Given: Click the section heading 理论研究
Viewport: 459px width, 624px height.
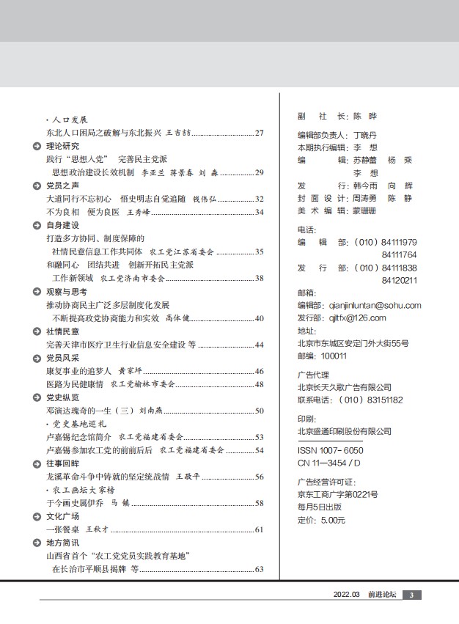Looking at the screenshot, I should point(62,146).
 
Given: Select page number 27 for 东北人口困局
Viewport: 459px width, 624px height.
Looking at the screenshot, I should point(259,133).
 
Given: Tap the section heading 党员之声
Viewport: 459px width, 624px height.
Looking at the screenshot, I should point(62,186).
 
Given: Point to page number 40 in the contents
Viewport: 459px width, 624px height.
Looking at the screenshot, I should point(259,318).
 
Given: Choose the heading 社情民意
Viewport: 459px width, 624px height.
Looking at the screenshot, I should point(62,331).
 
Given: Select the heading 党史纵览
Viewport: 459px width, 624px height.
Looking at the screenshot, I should point(62,397).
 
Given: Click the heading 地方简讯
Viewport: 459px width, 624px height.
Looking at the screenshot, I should point(62,543).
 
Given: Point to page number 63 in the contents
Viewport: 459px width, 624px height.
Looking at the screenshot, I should point(259,569).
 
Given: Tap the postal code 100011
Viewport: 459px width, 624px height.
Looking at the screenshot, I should point(334,356).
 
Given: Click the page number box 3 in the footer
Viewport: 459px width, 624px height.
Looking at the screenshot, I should point(411,595).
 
